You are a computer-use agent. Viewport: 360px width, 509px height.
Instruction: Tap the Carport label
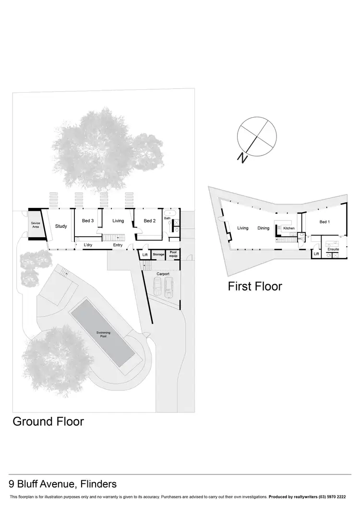(x=163, y=274)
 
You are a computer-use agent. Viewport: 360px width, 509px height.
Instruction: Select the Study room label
(x=60, y=226)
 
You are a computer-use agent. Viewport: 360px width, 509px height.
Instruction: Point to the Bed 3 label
(x=87, y=221)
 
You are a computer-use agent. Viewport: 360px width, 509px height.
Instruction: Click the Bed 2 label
(x=149, y=221)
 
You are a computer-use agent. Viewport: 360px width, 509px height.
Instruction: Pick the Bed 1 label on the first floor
(x=324, y=222)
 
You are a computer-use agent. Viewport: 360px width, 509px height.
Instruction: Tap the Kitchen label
(x=288, y=228)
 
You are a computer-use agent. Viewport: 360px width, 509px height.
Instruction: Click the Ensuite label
(x=333, y=249)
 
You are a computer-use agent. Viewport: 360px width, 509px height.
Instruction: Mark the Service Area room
(x=36, y=225)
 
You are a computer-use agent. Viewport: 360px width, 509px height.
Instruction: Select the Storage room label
(x=158, y=254)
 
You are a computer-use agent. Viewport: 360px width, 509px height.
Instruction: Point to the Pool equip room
(x=174, y=254)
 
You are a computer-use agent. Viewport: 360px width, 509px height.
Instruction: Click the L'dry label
(x=88, y=245)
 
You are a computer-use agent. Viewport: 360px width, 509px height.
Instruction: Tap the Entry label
(x=118, y=245)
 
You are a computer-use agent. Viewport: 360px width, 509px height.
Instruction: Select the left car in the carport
(x=157, y=287)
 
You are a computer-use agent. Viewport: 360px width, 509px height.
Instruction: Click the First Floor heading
(x=255, y=287)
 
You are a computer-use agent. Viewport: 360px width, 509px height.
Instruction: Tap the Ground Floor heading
(x=48, y=422)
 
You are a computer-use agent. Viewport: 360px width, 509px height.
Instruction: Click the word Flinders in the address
(x=98, y=484)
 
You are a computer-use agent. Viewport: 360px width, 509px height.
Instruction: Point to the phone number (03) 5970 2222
(x=335, y=497)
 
